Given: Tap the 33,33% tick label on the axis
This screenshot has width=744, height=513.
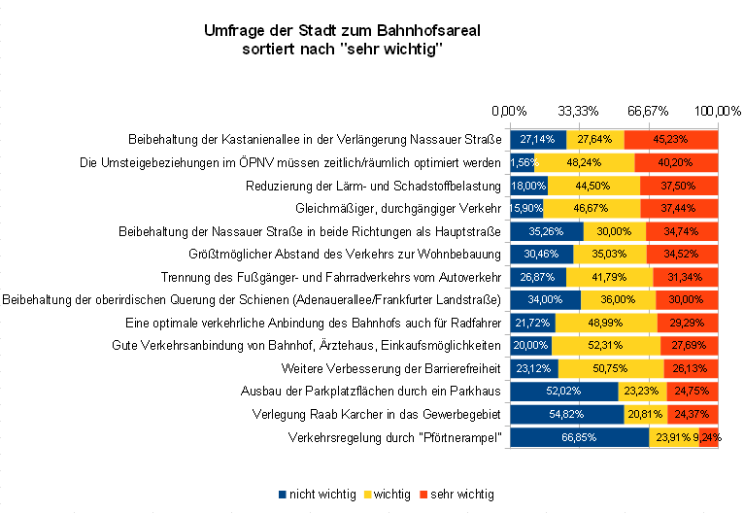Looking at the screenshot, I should [x=579, y=111].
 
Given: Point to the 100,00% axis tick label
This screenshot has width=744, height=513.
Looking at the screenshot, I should [x=718, y=111].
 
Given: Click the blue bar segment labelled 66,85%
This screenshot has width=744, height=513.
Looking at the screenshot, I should [x=579, y=438].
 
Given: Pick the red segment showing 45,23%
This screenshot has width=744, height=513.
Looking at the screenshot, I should [x=671, y=138].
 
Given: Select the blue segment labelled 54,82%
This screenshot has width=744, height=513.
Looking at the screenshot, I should [x=567, y=415].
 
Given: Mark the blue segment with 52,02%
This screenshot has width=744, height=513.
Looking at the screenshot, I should [x=564, y=392].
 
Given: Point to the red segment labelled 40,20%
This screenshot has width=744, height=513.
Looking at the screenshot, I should [x=676, y=161].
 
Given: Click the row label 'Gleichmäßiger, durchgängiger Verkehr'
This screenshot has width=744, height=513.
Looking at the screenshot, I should [x=397, y=208].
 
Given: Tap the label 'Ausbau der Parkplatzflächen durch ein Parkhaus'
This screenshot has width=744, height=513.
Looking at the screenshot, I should [x=370, y=392].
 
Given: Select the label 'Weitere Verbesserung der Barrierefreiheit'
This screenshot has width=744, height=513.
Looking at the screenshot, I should [x=390, y=368].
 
